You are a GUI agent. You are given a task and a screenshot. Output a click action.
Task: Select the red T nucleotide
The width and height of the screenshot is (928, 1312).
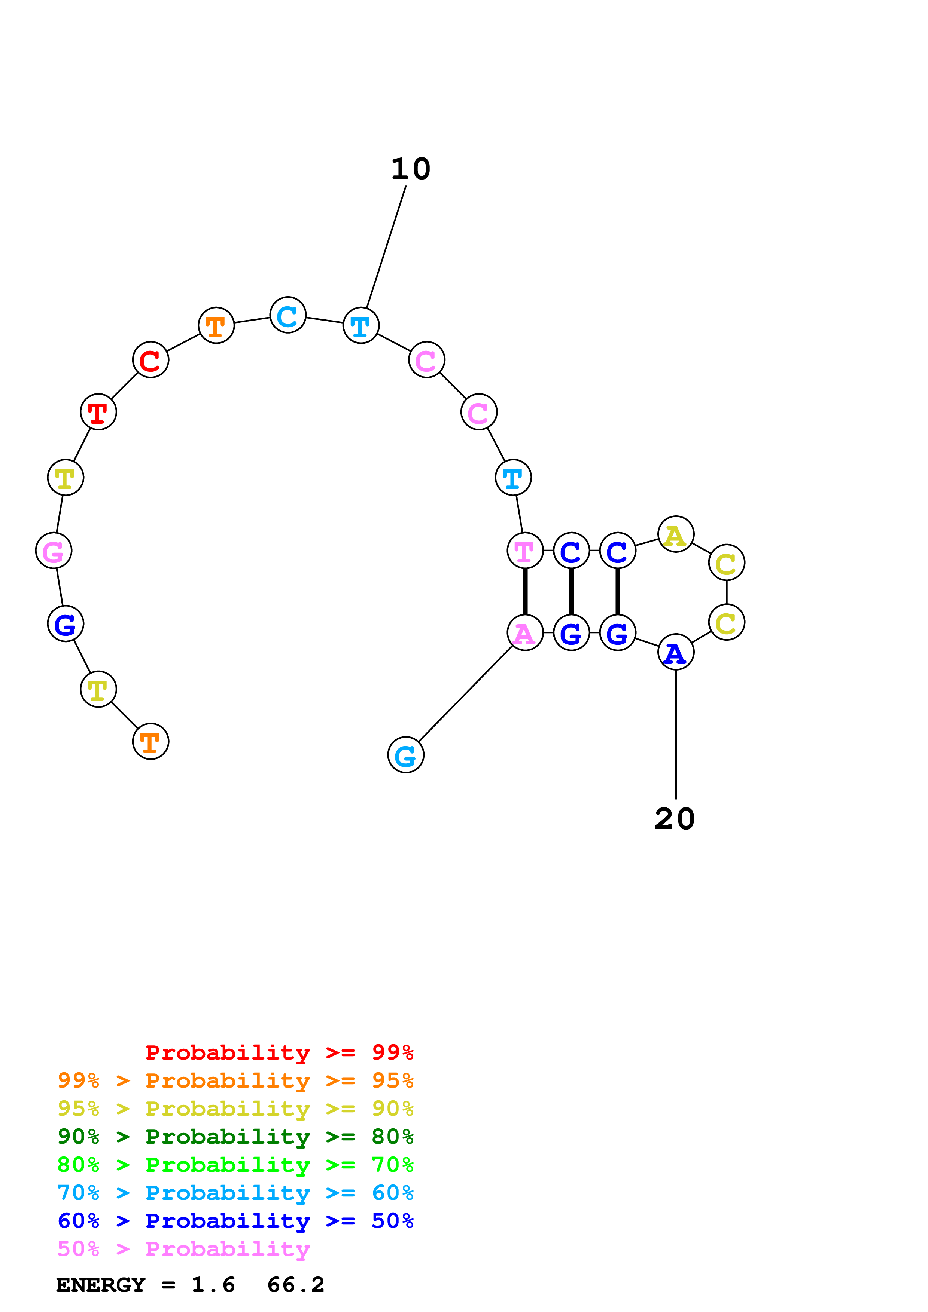pyautogui.click(x=98, y=412)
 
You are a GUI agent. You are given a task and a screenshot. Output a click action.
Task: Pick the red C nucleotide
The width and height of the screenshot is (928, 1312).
pyautogui.click(x=150, y=360)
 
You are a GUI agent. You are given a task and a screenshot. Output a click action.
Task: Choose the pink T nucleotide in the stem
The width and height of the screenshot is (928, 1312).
pyautogui.click(x=525, y=551)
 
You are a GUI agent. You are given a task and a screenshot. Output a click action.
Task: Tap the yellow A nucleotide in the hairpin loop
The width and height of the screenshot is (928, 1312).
pyautogui.click(x=676, y=534)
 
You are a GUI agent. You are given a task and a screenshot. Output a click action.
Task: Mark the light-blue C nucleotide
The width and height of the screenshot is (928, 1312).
pyautogui.click(x=287, y=315)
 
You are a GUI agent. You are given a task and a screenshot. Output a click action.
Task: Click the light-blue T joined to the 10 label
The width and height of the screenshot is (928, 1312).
pyautogui.click(x=361, y=326)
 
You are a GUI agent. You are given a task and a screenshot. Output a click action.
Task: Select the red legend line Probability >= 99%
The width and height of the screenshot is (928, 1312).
pyautogui.click(x=279, y=1052)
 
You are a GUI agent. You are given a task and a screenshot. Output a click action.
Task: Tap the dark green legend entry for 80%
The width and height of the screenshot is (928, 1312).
pyautogui.click(x=235, y=1137)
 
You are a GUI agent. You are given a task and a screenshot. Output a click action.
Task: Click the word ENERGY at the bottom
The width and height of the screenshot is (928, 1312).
pyautogui.click(x=101, y=1285)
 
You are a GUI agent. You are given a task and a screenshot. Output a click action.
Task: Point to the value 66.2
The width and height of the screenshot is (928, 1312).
pyautogui.click(x=296, y=1285)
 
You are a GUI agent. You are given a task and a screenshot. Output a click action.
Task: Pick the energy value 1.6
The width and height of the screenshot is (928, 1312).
pyautogui.click(x=213, y=1285)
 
